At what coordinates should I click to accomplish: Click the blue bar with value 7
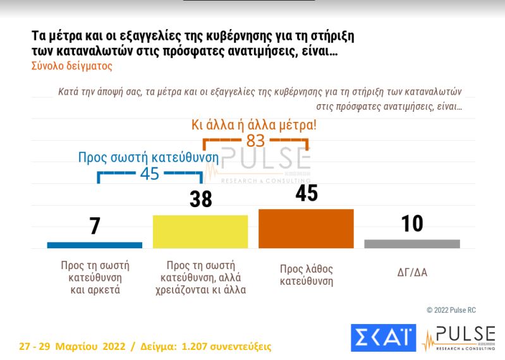point(95,245)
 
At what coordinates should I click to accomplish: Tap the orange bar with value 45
point(306,228)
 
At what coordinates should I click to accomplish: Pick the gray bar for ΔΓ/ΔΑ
point(412,244)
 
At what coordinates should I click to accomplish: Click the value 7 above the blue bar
point(95,225)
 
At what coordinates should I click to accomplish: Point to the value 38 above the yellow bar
point(200,200)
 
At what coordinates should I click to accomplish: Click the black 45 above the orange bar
point(306,193)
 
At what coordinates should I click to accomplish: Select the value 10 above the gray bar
point(412,224)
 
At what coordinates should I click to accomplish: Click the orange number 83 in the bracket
point(255,140)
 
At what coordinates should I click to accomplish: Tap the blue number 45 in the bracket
point(149,173)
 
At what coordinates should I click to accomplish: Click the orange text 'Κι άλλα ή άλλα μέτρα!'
point(254,124)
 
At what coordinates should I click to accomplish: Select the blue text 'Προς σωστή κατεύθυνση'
point(149,157)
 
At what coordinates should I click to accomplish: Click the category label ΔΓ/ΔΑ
point(411,273)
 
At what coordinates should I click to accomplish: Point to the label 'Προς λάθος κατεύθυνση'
point(306,275)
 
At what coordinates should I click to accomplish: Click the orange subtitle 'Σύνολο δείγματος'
point(71,65)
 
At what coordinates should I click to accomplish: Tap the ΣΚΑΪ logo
point(383,339)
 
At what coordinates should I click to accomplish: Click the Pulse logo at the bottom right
point(459,338)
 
